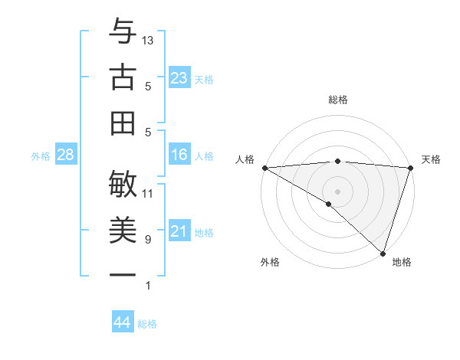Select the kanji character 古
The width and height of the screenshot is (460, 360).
pyautogui.click(x=123, y=78)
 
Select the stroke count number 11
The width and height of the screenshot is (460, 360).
pyautogui.click(x=148, y=193)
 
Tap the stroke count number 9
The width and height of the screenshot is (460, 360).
pyautogui.click(x=147, y=240)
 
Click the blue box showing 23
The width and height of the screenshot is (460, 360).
pyautogui.click(x=179, y=78)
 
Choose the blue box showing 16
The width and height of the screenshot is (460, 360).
pyautogui.click(x=179, y=155)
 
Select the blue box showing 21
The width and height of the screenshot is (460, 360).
pyautogui.click(x=179, y=231)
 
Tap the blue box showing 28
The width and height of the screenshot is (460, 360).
pyautogui.click(x=65, y=155)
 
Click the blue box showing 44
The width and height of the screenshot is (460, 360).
pyautogui.click(x=122, y=322)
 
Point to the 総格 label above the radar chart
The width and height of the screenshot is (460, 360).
pyautogui.click(x=337, y=100)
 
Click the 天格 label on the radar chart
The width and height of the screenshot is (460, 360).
pyautogui.click(x=431, y=159)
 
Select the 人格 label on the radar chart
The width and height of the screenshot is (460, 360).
pyautogui.click(x=245, y=159)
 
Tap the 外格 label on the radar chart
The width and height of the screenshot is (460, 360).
pyautogui.click(x=270, y=262)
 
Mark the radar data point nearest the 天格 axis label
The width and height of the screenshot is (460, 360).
pyautogui.click(x=410, y=167)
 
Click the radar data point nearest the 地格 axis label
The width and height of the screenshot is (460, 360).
pyautogui.click(x=382, y=252)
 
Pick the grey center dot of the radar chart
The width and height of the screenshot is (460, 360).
pyautogui.click(x=337, y=191)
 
